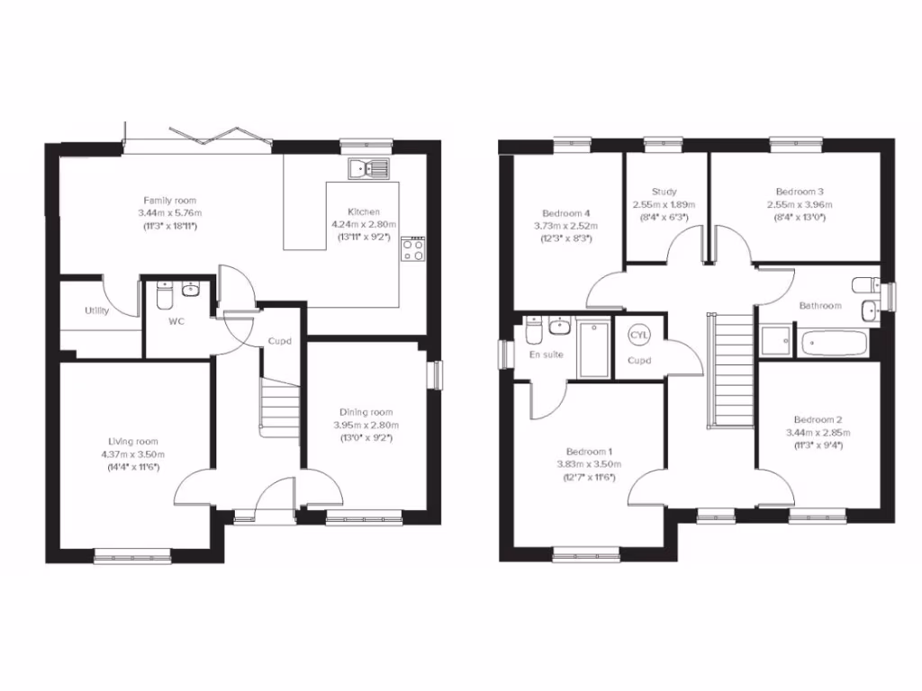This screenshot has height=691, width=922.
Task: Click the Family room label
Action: [x=170, y=201]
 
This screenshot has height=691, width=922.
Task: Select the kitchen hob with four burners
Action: [x=414, y=250]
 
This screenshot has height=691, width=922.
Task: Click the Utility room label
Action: [x=97, y=311]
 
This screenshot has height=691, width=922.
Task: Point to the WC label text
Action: [x=176, y=322]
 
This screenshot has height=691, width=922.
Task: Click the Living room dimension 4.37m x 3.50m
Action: [x=133, y=454]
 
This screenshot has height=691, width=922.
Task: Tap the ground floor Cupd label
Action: [x=278, y=341]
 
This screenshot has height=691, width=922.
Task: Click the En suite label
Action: [x=547, y=354]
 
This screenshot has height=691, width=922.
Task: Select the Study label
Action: [x=664, y=192]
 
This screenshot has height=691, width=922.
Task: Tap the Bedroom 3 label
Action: [x=800, y=192]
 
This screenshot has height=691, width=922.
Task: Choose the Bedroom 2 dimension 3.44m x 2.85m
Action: [x=818, y=433]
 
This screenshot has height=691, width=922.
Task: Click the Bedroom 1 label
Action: [x=590, y=452]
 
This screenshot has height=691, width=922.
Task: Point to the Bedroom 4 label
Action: [x=566, y=213]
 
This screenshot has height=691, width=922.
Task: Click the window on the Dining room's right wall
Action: [x=435, y=374]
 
